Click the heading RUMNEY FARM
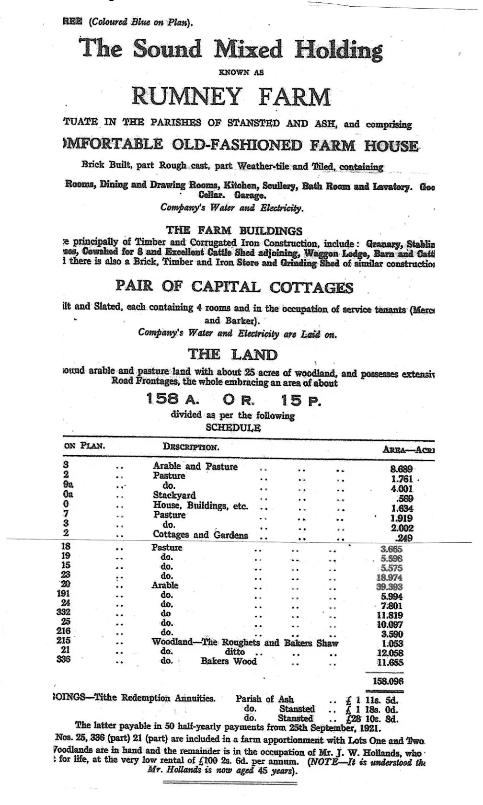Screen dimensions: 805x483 tap(231, 96)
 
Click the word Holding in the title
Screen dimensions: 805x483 tap(339, 50)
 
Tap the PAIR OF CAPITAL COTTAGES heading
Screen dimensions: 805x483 tap(234, 287)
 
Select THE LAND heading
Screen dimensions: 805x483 tap(232, 355)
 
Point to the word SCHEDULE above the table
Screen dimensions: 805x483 tap(233, 427)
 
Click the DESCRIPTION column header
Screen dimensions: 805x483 tap(191, 447)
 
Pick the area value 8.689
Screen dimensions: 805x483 tap(402, 469)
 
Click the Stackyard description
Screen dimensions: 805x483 tap(174, 495)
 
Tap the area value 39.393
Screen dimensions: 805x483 tap(390, 587)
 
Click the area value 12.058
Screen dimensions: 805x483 tap(390, 653)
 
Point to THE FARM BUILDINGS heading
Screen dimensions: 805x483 tap(234, 230)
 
